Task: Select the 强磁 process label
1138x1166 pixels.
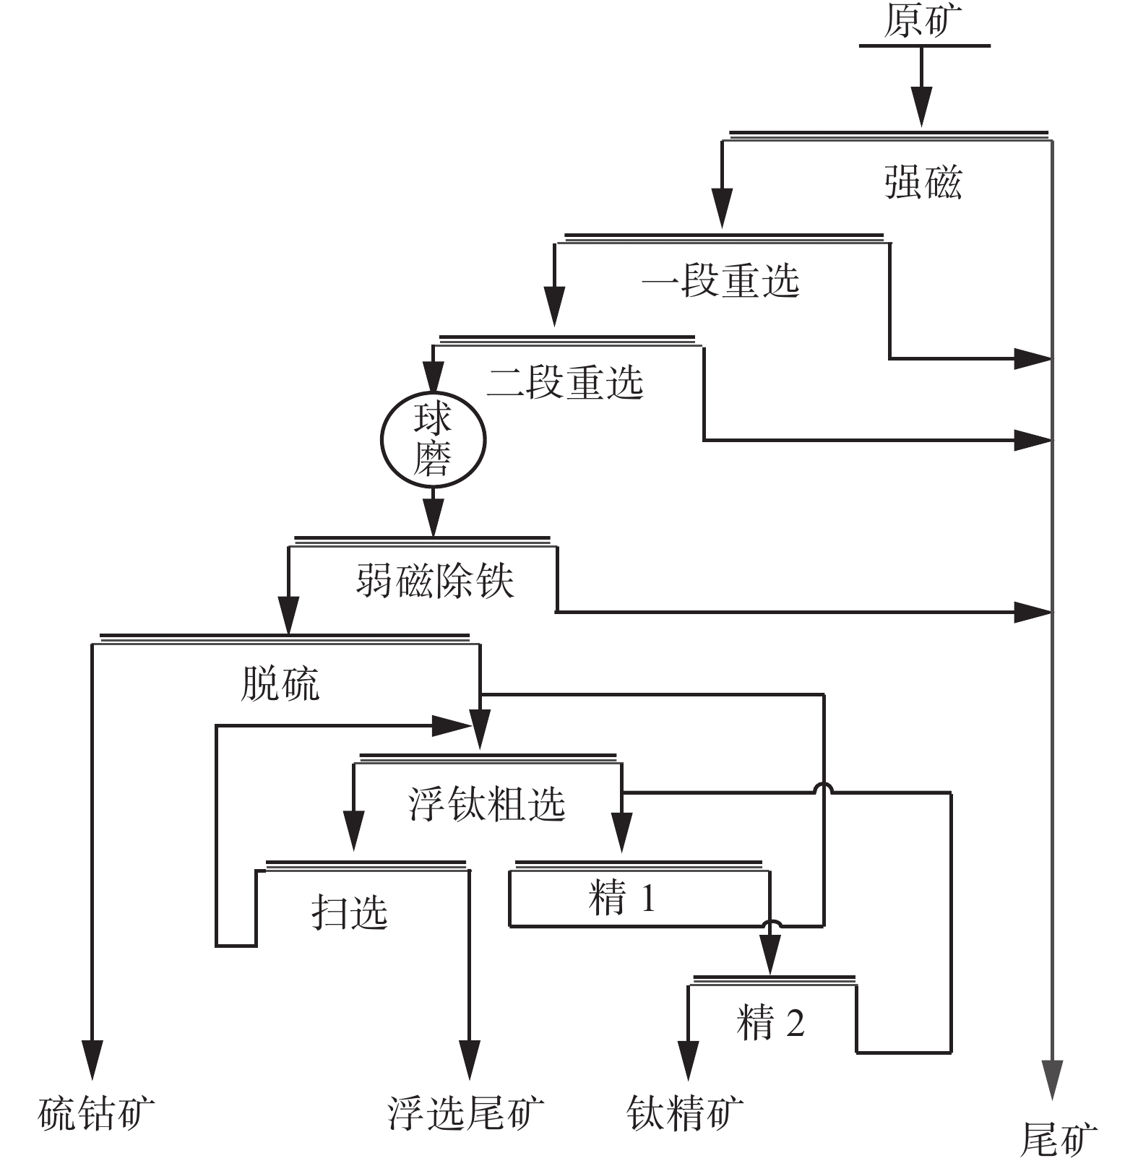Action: click(923, 181)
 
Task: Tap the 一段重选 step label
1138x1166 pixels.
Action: click(720, 280)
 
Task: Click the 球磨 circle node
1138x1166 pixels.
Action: click(433, 439)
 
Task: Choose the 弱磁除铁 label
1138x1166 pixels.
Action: click(434, 580)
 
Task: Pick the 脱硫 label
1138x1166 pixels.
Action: click(280, 683)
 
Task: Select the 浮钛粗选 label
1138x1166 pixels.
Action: click(486, 803)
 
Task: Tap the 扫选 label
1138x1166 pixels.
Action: click(350, 912)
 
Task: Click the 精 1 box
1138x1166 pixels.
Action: click(622, 899)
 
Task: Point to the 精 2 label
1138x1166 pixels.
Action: click(770, 1023)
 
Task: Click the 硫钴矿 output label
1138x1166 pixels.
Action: click(96, 1113)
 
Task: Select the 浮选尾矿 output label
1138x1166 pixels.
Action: click(466, 1113)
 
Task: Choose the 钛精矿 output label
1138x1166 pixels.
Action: click(685, 1113)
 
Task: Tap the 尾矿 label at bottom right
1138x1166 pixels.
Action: click(1059, 1139)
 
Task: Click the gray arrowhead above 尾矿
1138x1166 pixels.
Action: click(1053, 1079)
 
